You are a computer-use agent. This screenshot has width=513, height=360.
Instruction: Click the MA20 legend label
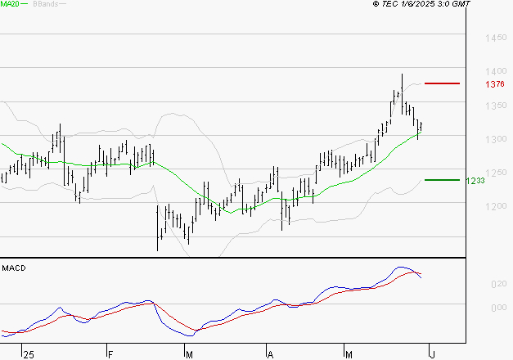coord(10,5)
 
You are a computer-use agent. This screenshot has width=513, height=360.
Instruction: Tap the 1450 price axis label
coord(495,38)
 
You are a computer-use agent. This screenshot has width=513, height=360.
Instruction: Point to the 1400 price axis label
coord(495,72)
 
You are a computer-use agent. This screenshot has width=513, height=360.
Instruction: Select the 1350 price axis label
coord(495,106)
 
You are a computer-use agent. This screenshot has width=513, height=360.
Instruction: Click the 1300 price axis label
coord(495,139)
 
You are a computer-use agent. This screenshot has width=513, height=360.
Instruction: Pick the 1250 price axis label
coord(495,173)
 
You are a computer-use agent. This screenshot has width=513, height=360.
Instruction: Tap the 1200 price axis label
coord(495,206)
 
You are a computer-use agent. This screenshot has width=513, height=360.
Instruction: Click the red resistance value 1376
coord(494,84)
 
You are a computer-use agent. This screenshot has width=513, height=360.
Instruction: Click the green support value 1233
coord(475,181)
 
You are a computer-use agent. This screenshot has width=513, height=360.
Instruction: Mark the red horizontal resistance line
coord(443,83)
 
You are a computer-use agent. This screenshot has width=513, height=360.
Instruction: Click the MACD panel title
coord(13,268)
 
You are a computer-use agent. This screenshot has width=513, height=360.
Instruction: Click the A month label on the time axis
coord(270,354)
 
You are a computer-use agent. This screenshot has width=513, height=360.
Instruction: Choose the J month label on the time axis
coord(431,354)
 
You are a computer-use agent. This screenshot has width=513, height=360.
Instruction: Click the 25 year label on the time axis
coord(29,354)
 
